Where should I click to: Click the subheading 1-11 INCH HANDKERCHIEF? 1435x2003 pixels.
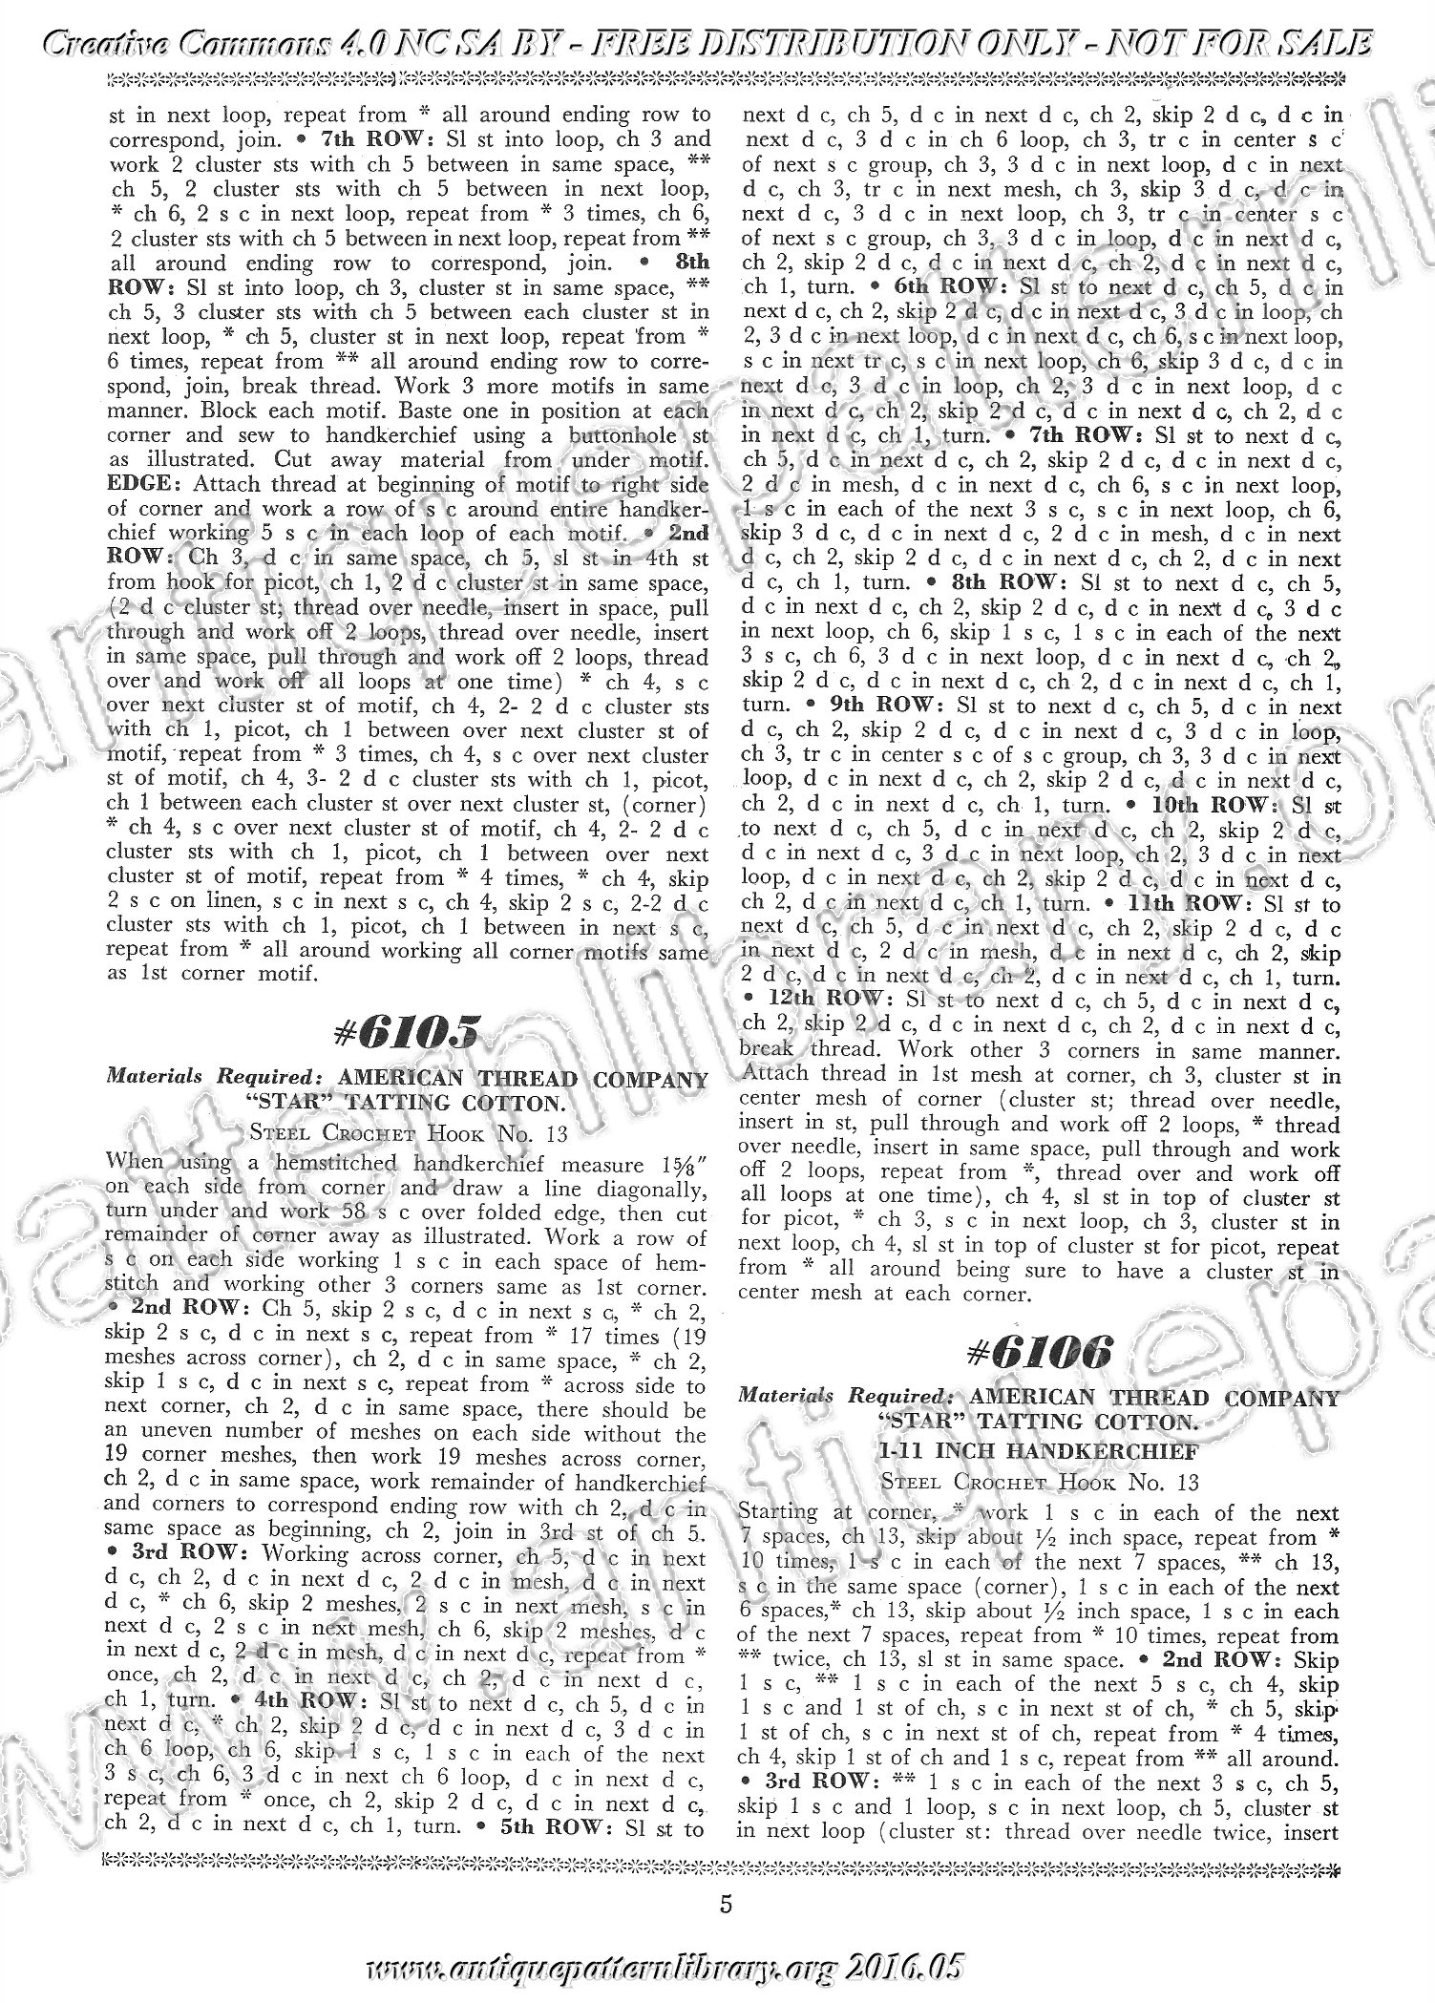tap(1039, 1450)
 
